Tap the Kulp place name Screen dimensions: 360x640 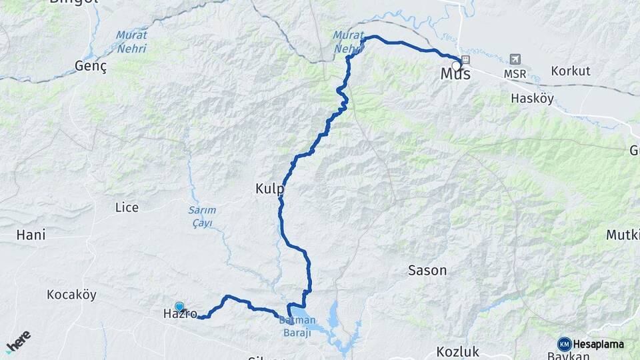269,189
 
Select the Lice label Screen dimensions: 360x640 127,207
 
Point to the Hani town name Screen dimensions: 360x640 31,235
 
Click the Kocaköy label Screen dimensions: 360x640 71,294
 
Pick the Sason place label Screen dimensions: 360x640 427,271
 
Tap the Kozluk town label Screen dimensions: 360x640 458,351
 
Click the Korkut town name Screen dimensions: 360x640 571,71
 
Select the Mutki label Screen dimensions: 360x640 624,235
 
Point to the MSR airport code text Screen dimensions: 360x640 515,73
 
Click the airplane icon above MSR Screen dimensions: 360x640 515,59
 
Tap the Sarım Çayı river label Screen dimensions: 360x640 201,217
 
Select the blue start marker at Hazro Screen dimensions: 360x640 179,307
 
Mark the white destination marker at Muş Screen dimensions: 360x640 457,65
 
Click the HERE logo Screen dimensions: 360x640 18,341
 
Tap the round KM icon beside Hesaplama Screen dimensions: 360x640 564,344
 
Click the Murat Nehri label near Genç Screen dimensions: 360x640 131,41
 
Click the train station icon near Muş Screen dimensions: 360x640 465,59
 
